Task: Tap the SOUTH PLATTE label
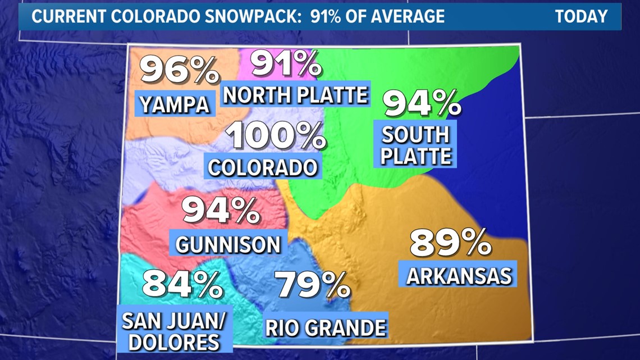point(416,145)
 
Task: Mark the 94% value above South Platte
point(422,103)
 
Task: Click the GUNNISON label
point(228,244)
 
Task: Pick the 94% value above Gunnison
point(221,211)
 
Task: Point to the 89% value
point(450,243)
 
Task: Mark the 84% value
point(182,284)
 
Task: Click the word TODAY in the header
point(581,16)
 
